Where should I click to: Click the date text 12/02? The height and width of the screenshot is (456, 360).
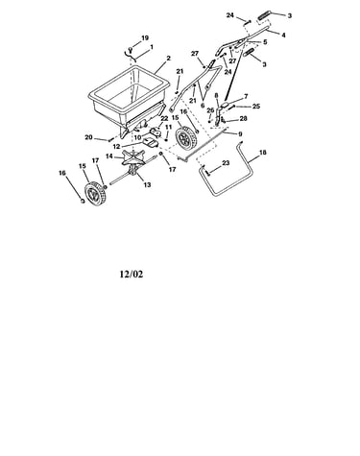(x=132, y=275)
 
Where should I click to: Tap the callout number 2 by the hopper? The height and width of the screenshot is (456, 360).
(x=169, y=59)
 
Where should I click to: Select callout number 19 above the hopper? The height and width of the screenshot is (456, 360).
(x=145, y=38)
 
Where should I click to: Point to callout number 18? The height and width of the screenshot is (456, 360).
(x=262, y=153)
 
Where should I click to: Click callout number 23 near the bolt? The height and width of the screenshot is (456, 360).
(x=226, y=163)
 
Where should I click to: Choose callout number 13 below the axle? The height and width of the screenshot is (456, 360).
(x=147, y=184)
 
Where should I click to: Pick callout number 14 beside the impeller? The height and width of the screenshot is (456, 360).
(x=109, y=156)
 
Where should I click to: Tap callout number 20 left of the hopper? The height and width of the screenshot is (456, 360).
(x=88, y=137)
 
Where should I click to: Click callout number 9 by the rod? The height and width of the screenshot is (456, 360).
(x=240, y=134)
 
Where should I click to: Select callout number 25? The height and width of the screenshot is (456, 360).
(x=256, y=107)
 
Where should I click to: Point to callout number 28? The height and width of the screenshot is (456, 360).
(x=243, y=119)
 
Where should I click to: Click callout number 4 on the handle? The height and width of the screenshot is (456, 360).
(x=283, y=35)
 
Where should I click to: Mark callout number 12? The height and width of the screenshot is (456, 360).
(x=116, y=147)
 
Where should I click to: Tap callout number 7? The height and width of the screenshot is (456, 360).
(x=246, y=96)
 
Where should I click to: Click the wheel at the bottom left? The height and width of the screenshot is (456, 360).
(x=93, y=193)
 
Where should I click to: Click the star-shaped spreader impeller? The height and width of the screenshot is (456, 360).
(x=132, y=156)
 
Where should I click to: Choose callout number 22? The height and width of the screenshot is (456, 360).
(x=164, y=119)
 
